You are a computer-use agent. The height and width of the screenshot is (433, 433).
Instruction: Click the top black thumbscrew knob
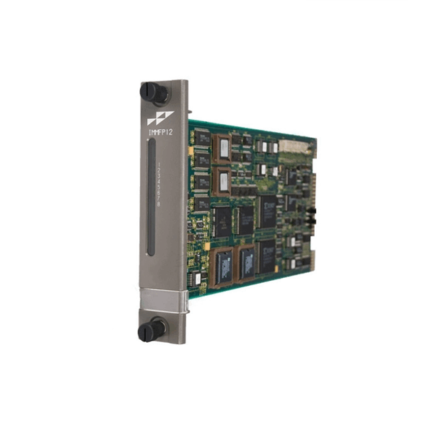tap(154, 92)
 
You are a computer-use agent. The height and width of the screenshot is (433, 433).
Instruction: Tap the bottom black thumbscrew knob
tap(151, 331)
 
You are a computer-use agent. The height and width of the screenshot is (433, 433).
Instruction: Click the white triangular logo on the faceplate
tap(156, 118)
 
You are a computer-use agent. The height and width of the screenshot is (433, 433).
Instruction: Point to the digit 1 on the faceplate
tap(159, 165)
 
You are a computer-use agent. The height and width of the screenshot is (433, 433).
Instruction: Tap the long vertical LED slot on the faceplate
tap(149, 199)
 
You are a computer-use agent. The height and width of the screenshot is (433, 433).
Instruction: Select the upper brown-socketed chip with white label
tap(224, 147)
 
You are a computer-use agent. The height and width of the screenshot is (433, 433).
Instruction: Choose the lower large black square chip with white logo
tap(268, 255)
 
